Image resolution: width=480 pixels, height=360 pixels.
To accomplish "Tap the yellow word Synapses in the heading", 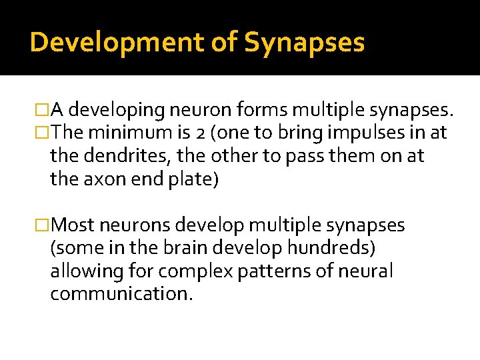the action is [304, 42].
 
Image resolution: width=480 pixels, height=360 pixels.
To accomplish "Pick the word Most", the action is [79, 225].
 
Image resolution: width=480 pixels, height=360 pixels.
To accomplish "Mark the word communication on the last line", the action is [121, 294].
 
